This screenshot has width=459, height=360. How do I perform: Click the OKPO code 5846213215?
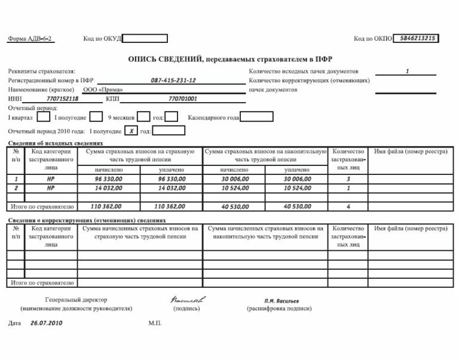416,38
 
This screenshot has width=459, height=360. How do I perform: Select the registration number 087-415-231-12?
173,80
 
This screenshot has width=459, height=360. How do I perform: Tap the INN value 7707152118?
62,99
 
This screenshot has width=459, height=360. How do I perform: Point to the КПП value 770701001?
183,99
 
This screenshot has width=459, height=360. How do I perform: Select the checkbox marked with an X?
131,131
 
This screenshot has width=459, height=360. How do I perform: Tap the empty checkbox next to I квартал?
44,117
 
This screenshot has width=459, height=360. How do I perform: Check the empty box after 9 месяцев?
143,117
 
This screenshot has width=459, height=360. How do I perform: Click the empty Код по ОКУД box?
145,39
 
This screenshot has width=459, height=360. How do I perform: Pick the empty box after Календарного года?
256,117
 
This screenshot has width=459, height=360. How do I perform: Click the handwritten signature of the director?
187,299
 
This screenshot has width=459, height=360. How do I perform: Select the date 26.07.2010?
46,322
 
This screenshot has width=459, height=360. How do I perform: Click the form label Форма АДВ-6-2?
30,39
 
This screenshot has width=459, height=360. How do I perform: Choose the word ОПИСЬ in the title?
144,60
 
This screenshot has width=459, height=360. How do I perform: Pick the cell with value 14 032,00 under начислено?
109,187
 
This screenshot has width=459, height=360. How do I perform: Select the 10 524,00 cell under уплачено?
297,187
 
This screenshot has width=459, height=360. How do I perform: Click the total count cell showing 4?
348,207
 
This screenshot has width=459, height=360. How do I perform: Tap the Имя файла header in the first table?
411,152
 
